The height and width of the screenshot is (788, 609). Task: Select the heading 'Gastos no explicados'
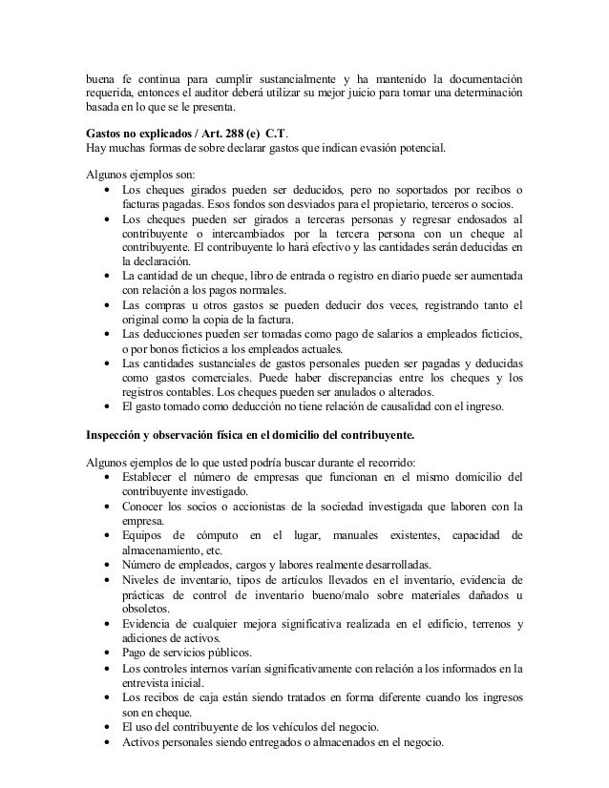136,133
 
